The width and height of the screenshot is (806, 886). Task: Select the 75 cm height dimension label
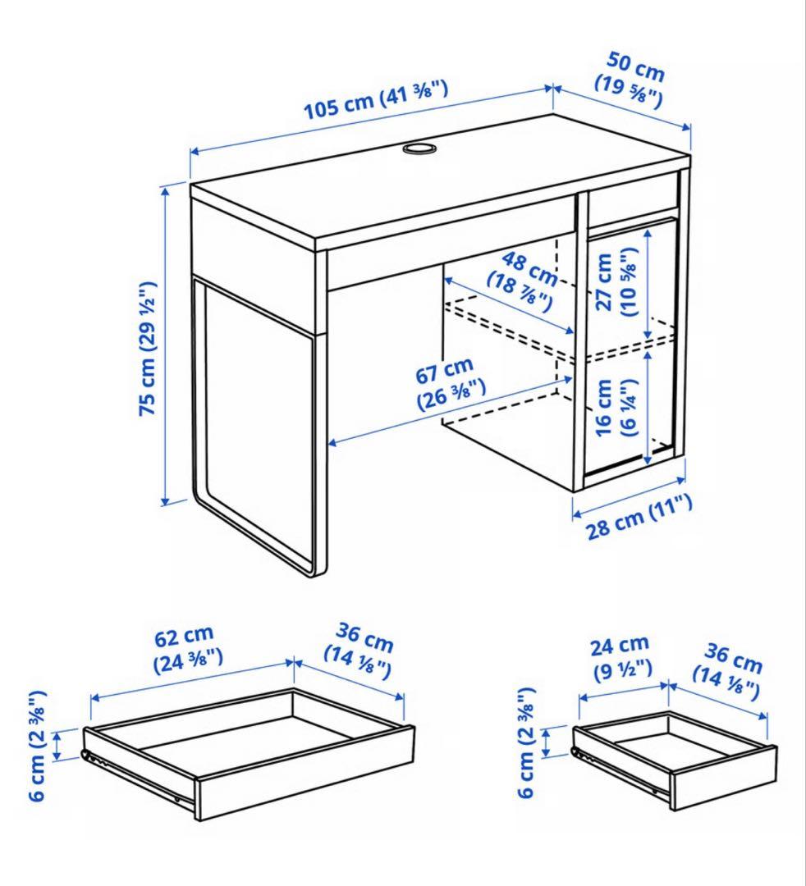tap(148, 349)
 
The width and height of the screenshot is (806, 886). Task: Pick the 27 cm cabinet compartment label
tap(616, 281)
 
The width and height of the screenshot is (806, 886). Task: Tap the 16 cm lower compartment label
tap(616, 407)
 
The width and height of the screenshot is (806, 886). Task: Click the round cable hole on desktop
tap(419, 148)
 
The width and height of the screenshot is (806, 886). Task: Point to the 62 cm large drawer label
tap(187, 648)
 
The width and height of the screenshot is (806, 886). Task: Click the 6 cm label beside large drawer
tap(37, 746)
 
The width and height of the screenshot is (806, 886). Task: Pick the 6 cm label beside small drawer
tap(526, 742)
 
